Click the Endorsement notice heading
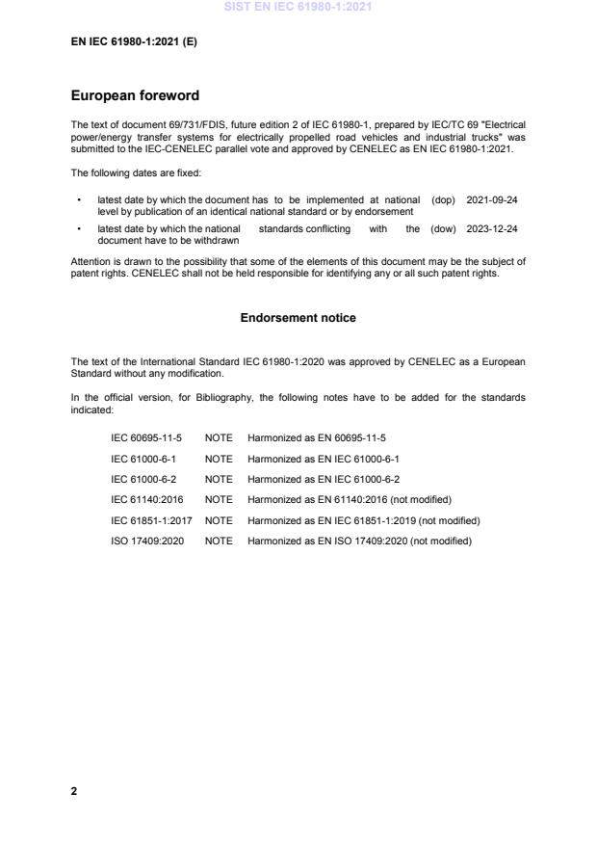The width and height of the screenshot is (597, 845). click(x=298, y=317)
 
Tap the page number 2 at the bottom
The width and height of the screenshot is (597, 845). click(x=74, y=791)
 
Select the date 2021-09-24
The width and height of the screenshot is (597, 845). click(x=491, y=199)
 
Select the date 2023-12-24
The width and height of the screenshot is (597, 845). click(x=491, y=229)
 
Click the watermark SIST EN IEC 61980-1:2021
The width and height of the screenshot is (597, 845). click(x=298, y=8)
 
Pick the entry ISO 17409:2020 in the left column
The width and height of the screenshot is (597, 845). click(x=146, y=541)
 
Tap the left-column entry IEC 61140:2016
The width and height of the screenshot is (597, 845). click(x=147, y=500)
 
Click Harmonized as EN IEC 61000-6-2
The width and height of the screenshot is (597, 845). click(x=324, y=479)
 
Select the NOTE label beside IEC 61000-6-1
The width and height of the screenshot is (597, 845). click(x=219, y=459)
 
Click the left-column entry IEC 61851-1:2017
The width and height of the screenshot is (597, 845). click(x=151, y=520)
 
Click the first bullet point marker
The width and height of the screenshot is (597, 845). click(x=78, y=200)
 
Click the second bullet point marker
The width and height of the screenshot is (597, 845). click(x=78, y=230)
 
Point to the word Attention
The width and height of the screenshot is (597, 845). click(x=91, y=261)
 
